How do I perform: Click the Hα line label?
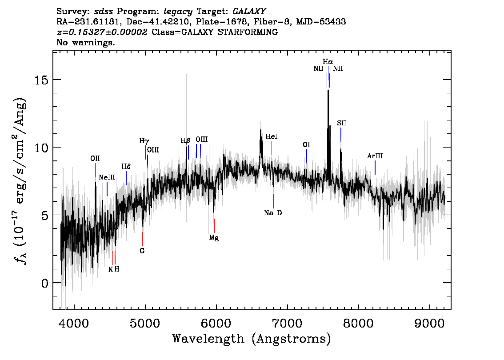[x=328, y=61]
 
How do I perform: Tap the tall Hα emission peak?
[x=328, y=92]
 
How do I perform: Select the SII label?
[x=341, y=123]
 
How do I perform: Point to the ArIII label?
[x=375, y=156]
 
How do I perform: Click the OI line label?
[x=306, y=145]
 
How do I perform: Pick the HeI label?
[x=271, y=137]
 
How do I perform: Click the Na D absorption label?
[x=273, y=213]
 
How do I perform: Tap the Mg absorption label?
[x=214, y=238]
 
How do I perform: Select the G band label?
[x=142, y=251]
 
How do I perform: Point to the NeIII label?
[x=107, y=177]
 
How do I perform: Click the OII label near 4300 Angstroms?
[x=95, y=158]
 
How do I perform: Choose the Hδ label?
[x=126, y=167]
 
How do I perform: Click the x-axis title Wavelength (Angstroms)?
[x=251, y=339]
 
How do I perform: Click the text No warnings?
[x=86, y=43]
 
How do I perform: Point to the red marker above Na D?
[x=273, y=201]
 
